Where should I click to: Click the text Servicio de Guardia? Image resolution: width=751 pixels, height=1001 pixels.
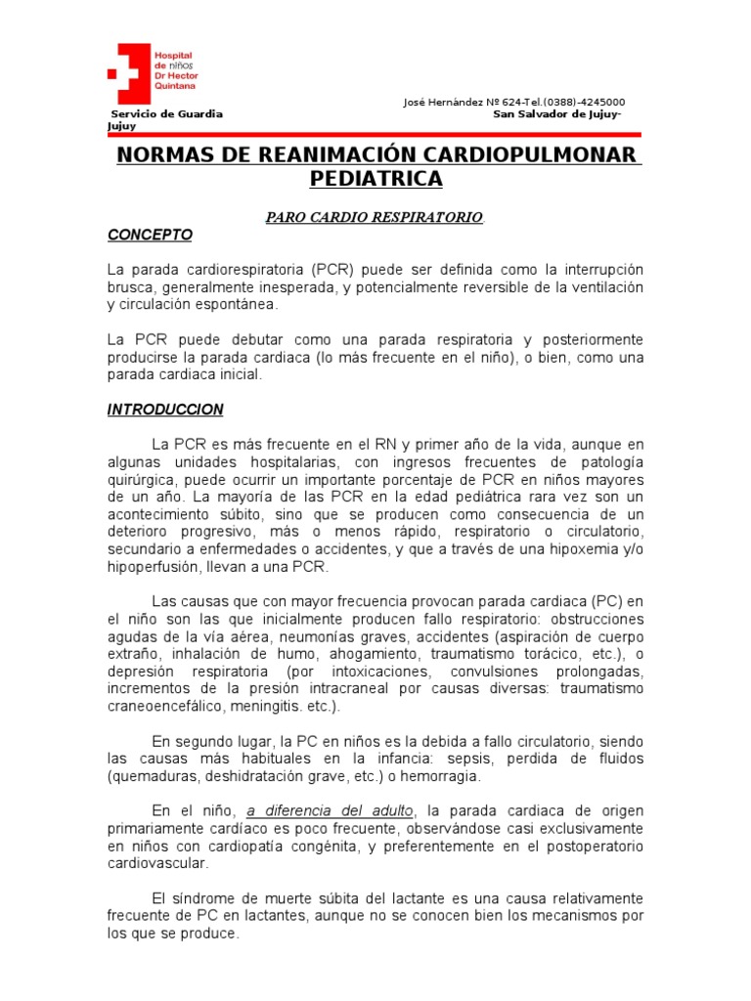165,114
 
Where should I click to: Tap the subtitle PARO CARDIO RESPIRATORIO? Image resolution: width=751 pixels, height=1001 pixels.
375,217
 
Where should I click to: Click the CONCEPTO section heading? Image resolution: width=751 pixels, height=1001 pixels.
150,236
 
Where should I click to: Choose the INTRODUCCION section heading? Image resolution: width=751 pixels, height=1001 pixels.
165,410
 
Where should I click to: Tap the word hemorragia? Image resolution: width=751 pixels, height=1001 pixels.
445,776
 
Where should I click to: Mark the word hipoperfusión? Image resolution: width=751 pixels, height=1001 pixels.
154,567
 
